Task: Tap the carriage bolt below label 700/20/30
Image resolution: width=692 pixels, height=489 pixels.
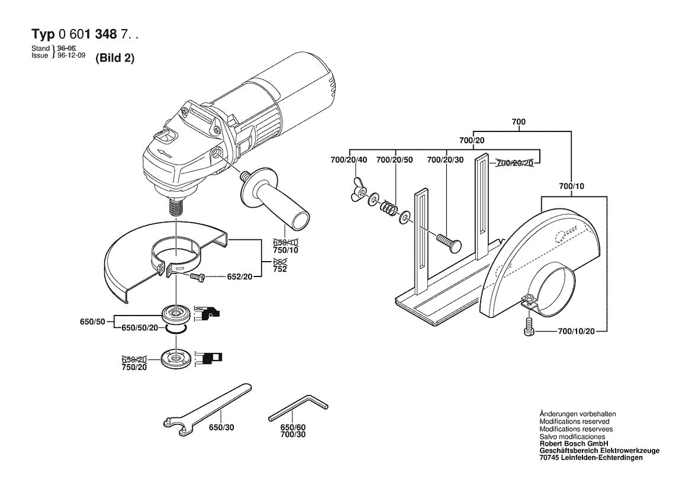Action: pos(447,240)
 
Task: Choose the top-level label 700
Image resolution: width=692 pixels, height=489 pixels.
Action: pos(519,122)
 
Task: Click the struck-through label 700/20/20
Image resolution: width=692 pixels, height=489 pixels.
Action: pos(514,163)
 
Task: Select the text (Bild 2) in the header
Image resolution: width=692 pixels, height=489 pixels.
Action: pos(115,59)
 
